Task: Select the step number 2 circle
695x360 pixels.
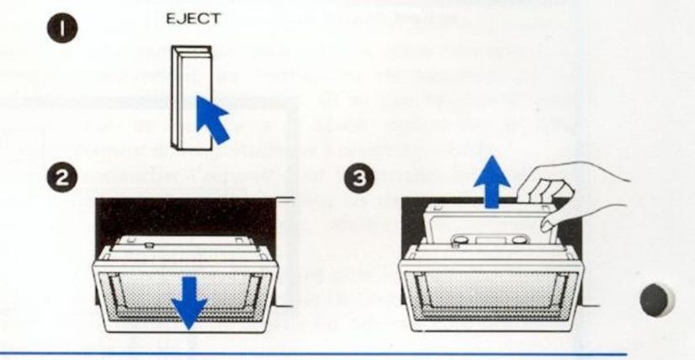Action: pos(61,178)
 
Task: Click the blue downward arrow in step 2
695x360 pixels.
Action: pos(190,302)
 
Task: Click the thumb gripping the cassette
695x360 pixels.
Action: pos(552,220)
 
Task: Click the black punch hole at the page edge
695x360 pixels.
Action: pos(657,301)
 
